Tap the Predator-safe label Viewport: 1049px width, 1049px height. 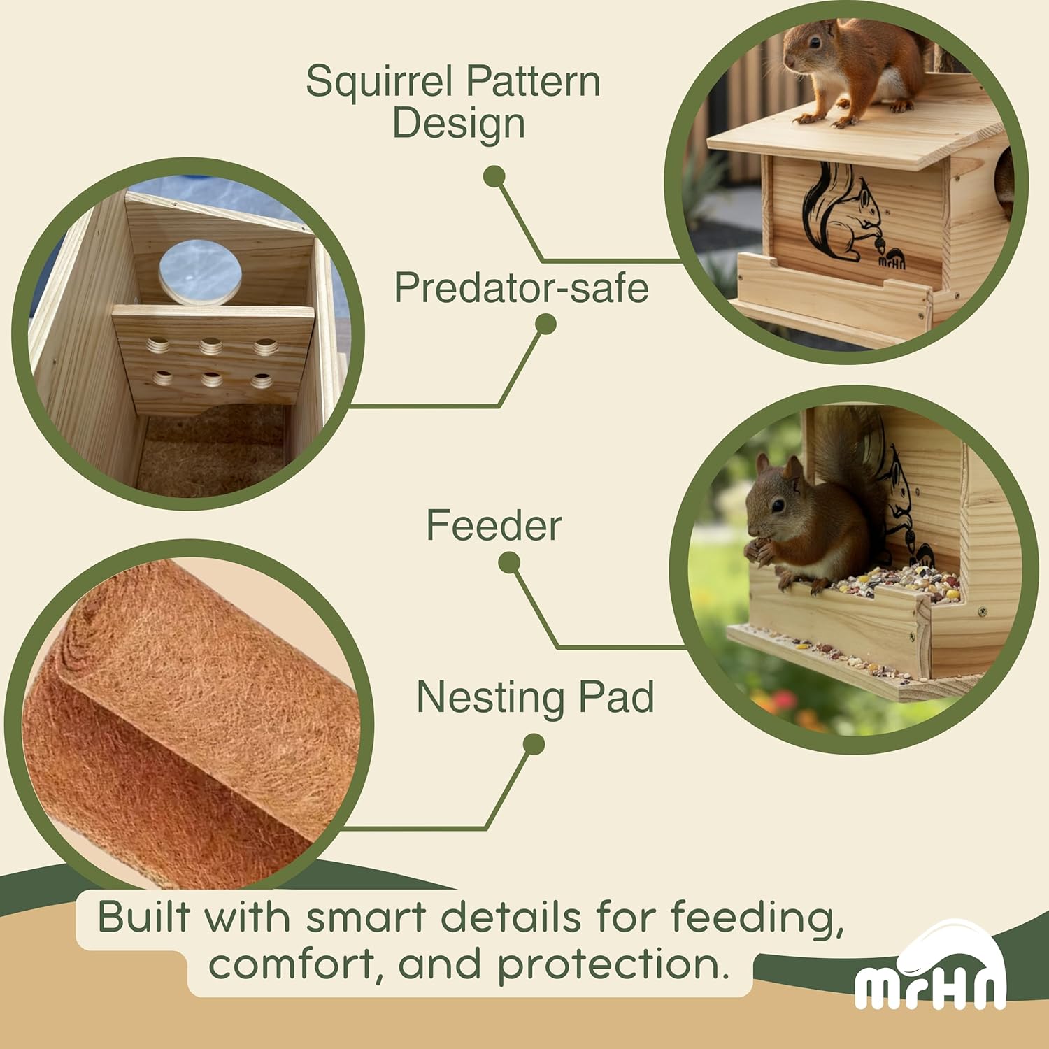(521, 287)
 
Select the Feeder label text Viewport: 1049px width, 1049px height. (494, 525)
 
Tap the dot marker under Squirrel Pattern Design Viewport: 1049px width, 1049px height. (494, 176)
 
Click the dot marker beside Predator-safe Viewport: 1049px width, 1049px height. (545, 324)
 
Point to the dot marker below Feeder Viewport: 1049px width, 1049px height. (509, 562)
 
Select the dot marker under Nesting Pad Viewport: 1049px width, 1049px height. (534, 744)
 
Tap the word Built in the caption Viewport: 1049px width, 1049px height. (144, 917)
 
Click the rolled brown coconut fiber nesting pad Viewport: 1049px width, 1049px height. (189, 727)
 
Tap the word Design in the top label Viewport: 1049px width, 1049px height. (458, 123)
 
